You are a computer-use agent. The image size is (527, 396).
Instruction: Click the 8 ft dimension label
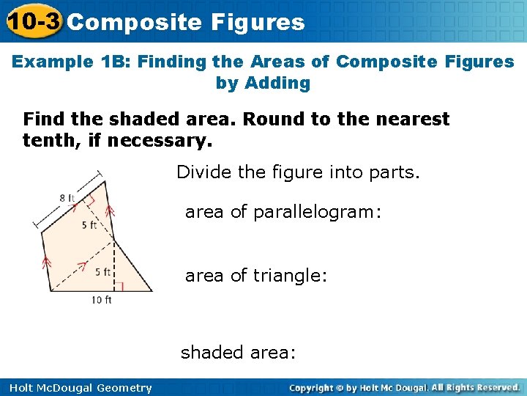click(67, 198)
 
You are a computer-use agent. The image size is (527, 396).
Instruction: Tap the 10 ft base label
click(102, 299)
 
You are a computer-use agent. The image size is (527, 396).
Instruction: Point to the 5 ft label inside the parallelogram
click(89, 225)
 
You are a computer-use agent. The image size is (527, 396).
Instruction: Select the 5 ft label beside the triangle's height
click(102, 272)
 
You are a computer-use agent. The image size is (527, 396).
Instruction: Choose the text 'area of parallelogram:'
click(283, 213)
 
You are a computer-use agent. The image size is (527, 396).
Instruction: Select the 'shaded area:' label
click(238, 352)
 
